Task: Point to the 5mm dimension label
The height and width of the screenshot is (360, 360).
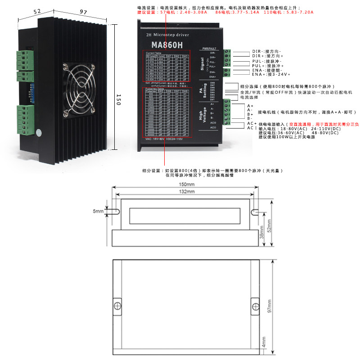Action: (98, 211)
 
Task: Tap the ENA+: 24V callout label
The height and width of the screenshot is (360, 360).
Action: (271, 74)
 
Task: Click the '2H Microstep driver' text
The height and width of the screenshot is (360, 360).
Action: (168, 35)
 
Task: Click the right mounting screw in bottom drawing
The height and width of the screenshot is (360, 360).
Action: (255, 307)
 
